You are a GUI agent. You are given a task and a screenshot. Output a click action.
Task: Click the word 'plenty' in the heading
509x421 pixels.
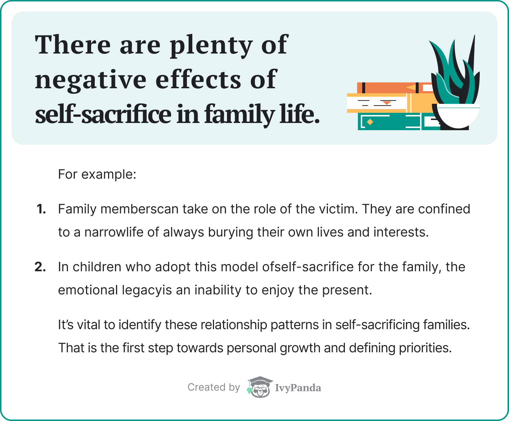click(x=211, y=46)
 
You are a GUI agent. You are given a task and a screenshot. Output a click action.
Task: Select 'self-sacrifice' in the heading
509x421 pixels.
click(x=103, y=114)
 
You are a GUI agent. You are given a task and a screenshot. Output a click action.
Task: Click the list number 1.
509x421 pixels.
click(x=41, y=209)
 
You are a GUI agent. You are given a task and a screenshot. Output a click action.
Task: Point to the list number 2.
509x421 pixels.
click(x=40, y=267)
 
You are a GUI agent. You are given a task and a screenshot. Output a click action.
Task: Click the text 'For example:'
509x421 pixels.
click(x=97, y=174)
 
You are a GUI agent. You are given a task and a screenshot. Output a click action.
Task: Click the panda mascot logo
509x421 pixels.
click(x=260, y=387)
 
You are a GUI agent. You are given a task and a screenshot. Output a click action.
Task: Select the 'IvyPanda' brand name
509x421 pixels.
click(x=298, y=388)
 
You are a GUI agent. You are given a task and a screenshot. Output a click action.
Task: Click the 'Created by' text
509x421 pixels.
click(x=214, y=387)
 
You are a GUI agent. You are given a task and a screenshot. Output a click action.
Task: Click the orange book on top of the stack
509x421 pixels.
click(x=395, y=88)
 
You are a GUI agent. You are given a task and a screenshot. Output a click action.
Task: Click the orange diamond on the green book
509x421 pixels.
click(x=370, y=122)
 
